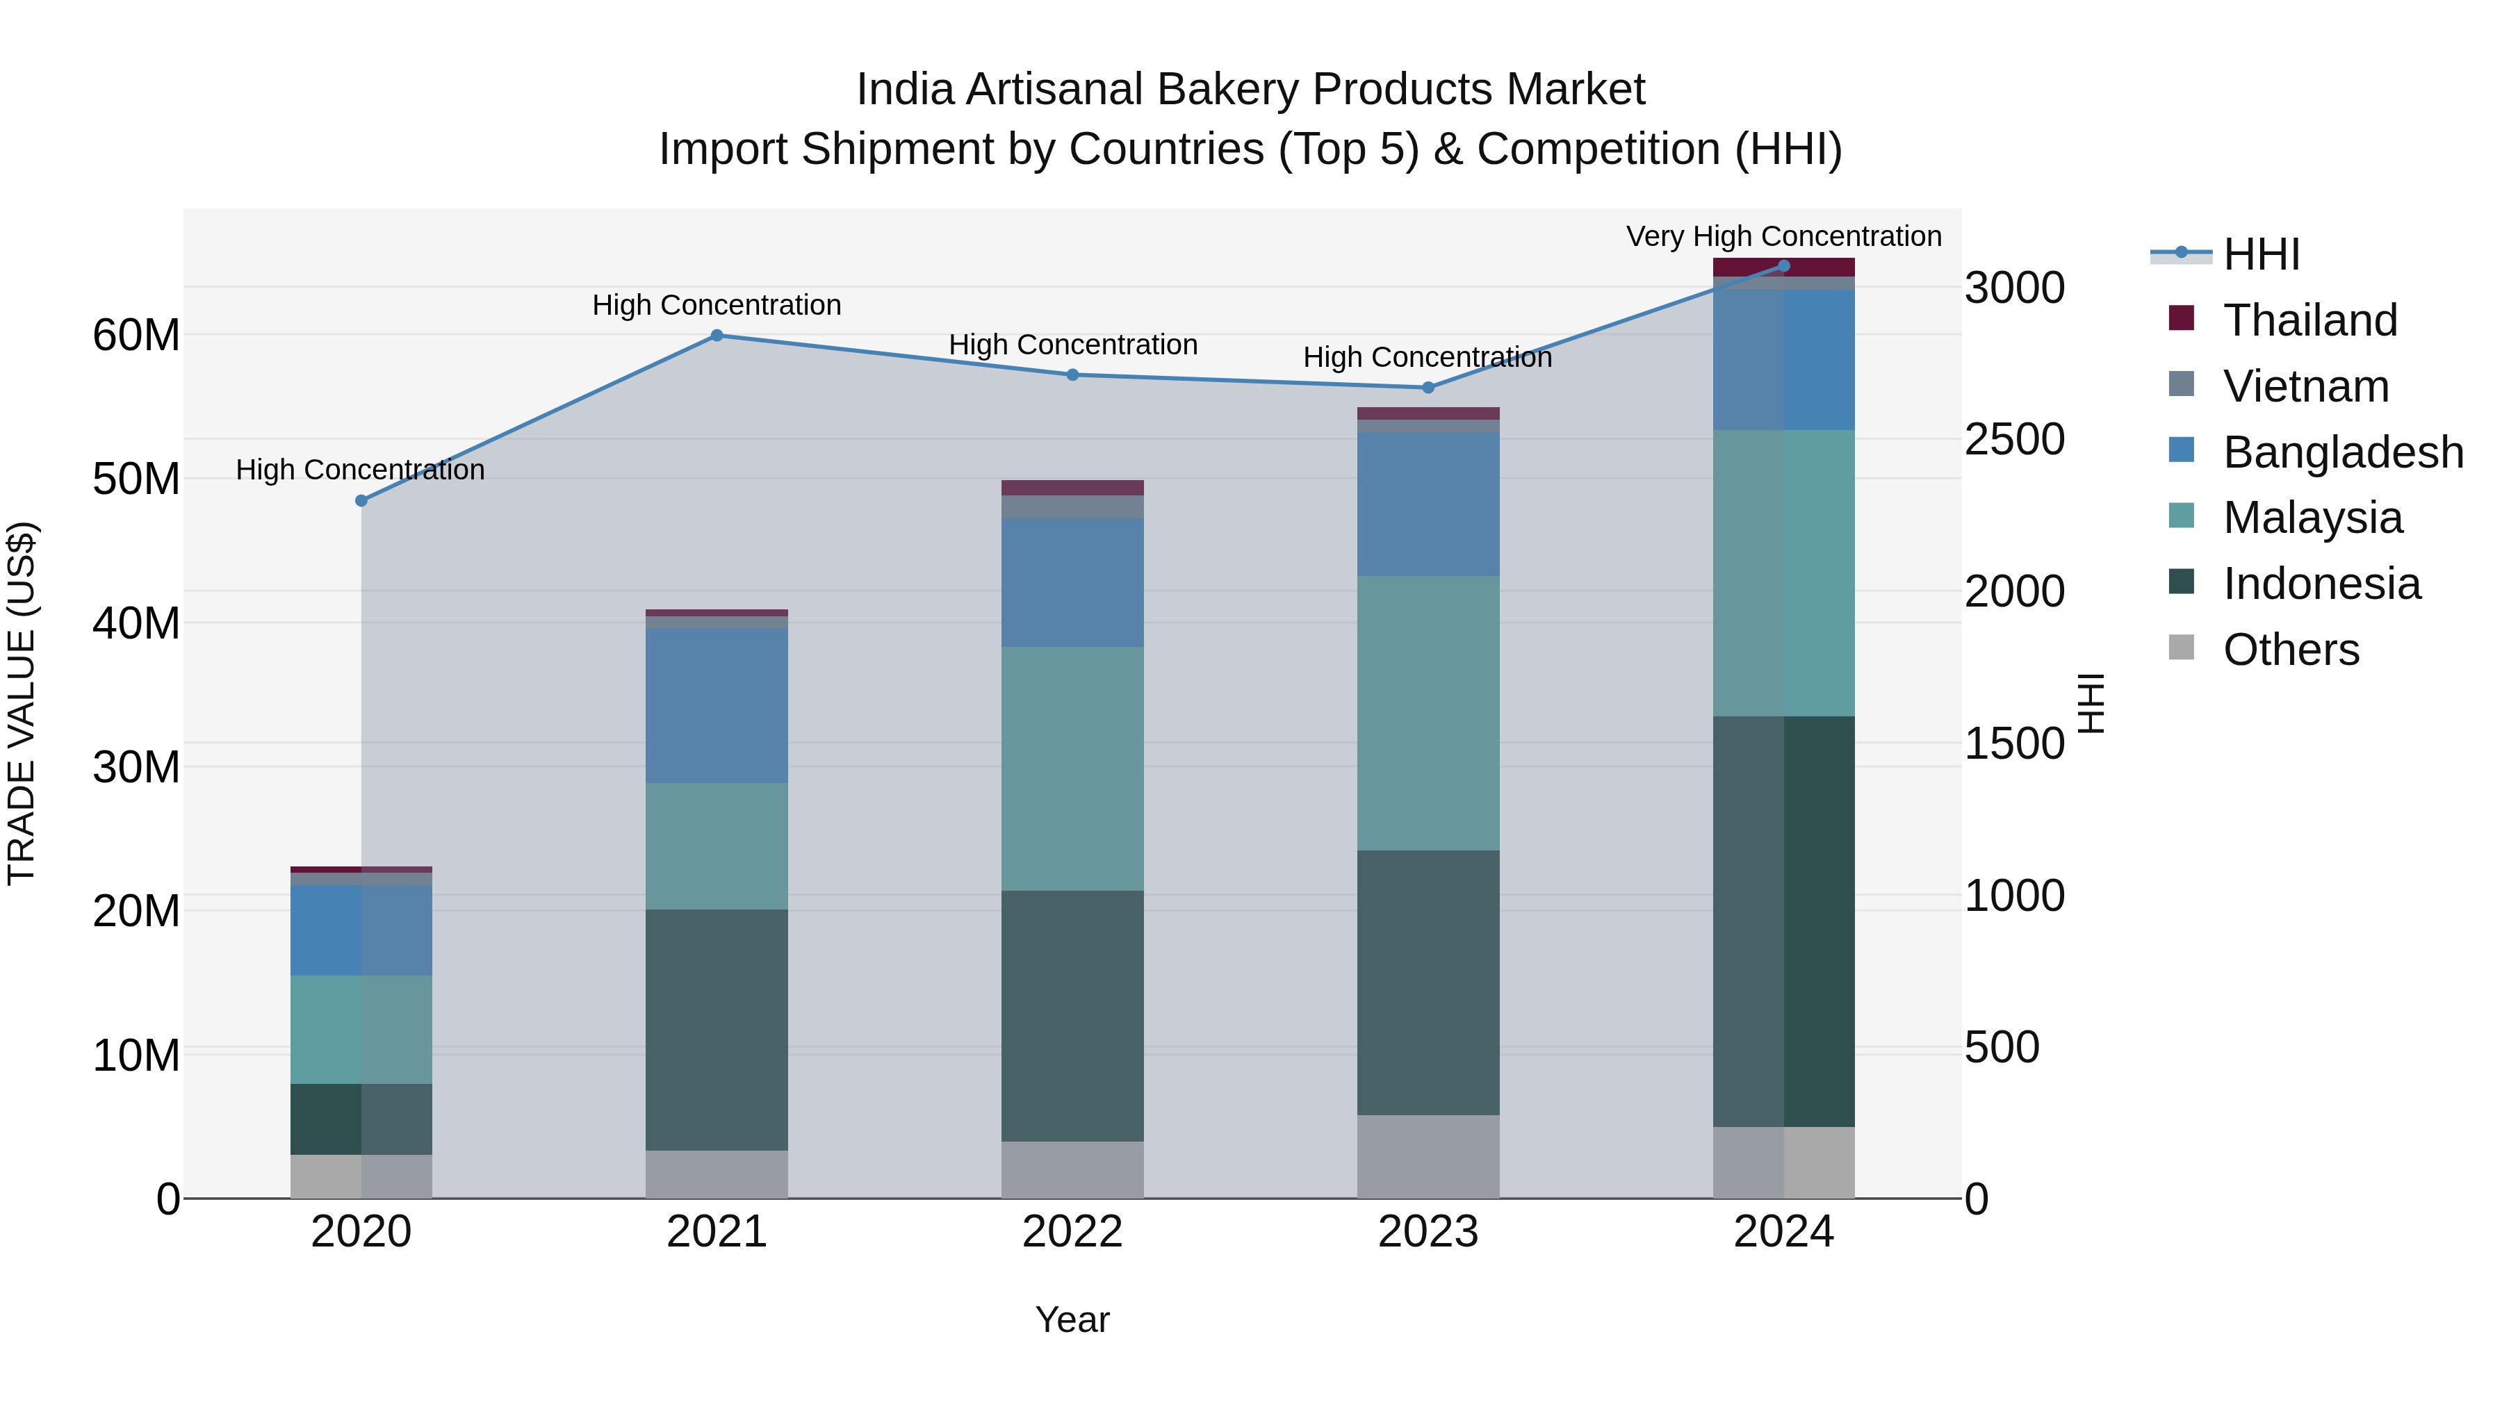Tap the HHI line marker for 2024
coord(1783,266)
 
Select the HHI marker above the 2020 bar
coord(361,501)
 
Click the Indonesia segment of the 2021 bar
coord(717,1029)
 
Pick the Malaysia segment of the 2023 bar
coord(1428,714)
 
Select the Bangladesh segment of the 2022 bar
coord(1072,583)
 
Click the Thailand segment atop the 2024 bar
coord(1783,267)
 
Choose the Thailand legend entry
coord(2309,320)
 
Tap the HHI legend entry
coord(2261,254)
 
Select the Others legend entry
coord(2290,650)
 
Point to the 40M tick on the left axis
coord(136,623)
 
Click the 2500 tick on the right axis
coord(2014,440)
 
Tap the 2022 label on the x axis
coord(1072,1232)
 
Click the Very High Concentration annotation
coord(1783,236)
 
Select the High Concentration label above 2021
coord(717,305)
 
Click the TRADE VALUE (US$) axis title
coord(22,703)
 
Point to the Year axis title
coord(1072,1319)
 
